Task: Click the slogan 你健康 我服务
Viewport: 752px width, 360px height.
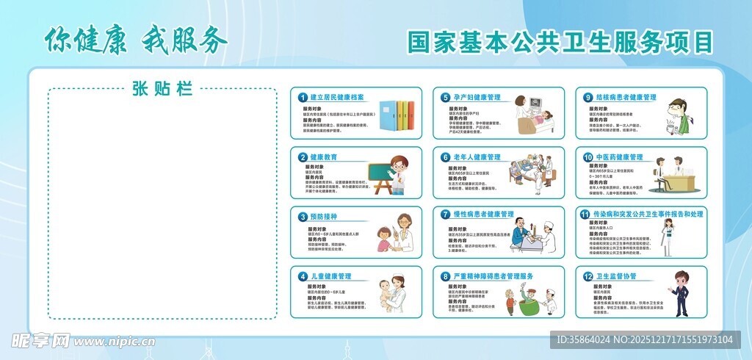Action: point(137,40)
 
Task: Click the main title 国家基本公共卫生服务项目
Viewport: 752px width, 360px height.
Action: point(560,42)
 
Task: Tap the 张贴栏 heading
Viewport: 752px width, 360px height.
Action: point(162,90)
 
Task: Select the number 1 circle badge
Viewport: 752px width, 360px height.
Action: point(303,97)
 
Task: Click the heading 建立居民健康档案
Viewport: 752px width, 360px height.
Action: point(337,97)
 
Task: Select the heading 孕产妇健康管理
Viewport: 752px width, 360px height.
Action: point(477,97)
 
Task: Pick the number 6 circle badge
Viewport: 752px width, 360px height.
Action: point(445,157)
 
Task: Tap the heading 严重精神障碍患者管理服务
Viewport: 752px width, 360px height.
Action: point(493,276)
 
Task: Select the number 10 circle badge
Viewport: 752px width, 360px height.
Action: point(587,157)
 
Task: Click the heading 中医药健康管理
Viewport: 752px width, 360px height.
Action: point(618,157)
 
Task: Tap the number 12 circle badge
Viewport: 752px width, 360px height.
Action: point(587,276)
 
